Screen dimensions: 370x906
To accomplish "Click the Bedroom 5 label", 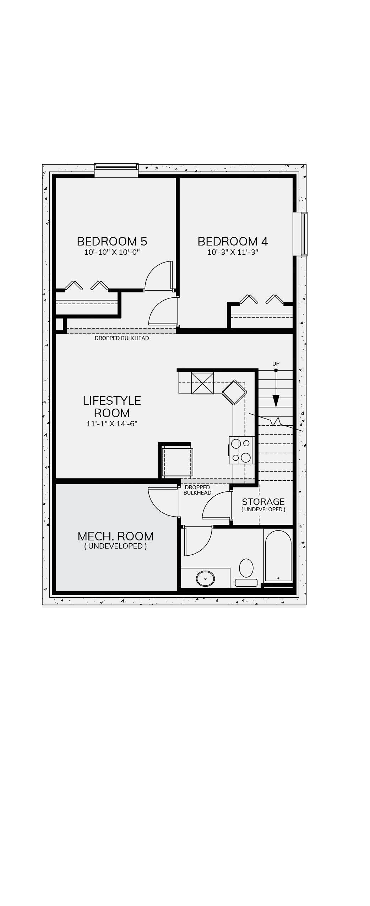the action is coord(112,241).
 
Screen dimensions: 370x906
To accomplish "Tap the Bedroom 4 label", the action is coord(233,241).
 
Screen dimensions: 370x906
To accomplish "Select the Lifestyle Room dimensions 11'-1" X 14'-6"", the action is coord(112,424).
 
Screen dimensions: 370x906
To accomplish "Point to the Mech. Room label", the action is coord(115,536).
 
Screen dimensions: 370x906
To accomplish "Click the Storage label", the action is coord(263,502).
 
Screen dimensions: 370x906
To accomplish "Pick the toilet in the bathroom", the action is coord(246,572).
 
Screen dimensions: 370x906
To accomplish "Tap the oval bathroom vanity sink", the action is coord(206,578).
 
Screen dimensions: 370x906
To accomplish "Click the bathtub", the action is coord(278,556).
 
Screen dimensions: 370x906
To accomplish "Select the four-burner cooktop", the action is coord(241,450).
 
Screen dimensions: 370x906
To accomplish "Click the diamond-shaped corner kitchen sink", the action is coord(234,392).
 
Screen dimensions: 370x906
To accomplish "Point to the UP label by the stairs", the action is coord(276,363).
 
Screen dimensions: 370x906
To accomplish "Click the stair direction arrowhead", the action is coord(276,401).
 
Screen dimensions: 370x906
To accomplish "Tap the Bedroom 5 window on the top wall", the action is coord(116,170).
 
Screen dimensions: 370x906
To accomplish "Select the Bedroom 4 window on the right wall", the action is coord(300,234).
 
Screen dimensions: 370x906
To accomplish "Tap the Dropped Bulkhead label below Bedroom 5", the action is coord(122,338).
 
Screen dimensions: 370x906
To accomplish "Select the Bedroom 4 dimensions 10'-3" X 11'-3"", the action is coord(233,252).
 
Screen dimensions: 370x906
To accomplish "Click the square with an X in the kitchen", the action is coord(202,383).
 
